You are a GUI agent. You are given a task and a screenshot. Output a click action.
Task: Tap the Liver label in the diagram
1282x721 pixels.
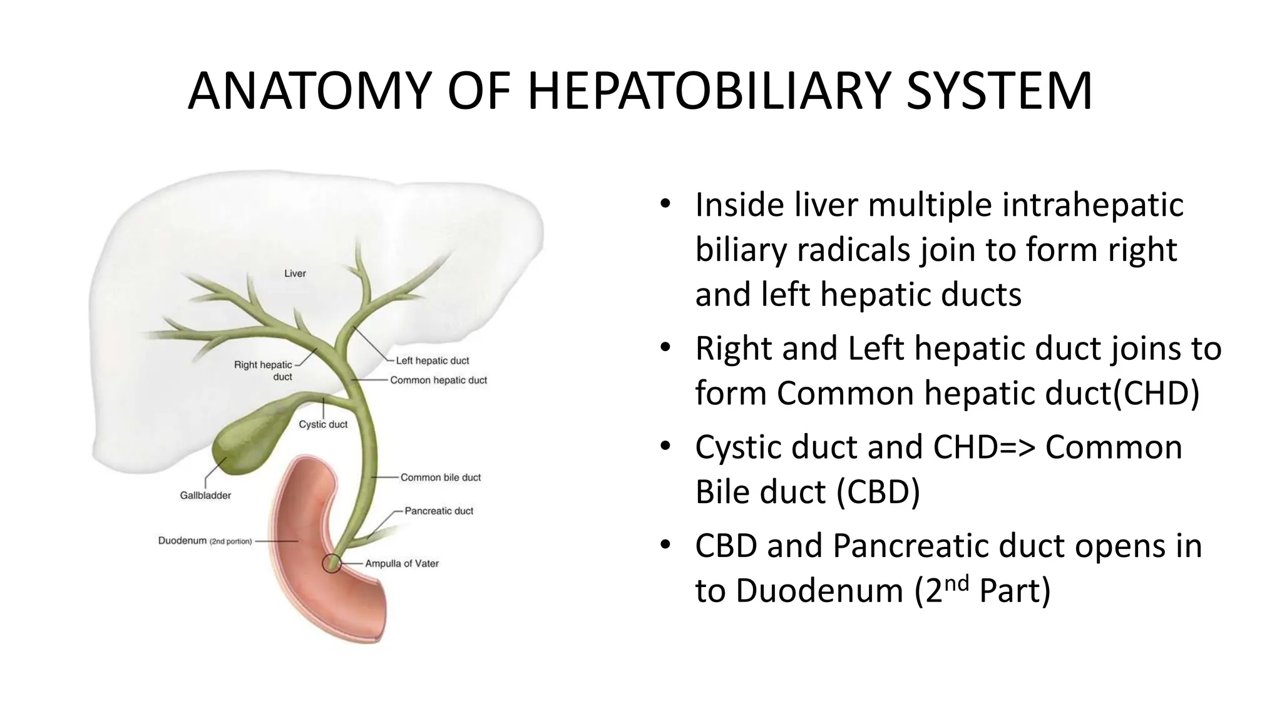coord(295,274)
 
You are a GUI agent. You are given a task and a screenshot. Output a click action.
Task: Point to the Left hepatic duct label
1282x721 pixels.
coord(432,360)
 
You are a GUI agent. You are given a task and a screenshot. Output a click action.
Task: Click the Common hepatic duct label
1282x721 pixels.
coord(438,380)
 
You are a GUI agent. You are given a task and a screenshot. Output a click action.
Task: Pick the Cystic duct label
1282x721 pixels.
coord(323,424)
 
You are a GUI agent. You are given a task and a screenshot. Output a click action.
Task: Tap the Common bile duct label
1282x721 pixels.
coord(441,478)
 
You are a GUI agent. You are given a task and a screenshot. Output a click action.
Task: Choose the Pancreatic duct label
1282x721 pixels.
coord(439,511)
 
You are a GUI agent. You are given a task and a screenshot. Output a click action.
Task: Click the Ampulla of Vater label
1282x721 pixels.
coord(402,563)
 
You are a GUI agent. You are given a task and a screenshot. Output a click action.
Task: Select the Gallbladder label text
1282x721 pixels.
coord(205,496)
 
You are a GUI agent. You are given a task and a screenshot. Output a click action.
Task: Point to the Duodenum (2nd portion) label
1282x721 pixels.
coord(205,541)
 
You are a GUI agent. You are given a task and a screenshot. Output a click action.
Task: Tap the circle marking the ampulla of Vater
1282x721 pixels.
coord(331,563)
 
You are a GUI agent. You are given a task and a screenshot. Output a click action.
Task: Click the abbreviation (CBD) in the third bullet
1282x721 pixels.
coord(879,492)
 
